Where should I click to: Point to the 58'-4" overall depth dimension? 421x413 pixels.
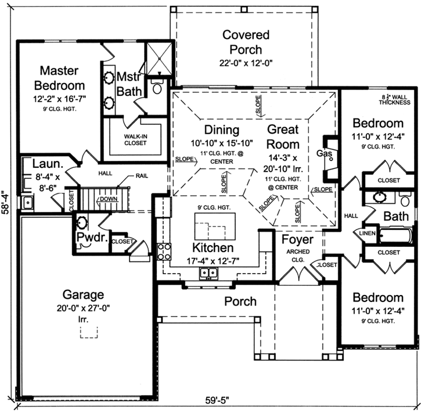(6, 204)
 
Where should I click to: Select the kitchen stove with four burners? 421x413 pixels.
(164, 252)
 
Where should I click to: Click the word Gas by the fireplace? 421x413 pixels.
(323, 153)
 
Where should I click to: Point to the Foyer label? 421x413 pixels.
(297, 239)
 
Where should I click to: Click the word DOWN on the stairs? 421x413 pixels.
(109, 199)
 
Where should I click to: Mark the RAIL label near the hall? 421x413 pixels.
(142, 175)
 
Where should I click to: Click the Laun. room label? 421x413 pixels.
(43, 164)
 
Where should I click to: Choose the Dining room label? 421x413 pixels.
(221, 129)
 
